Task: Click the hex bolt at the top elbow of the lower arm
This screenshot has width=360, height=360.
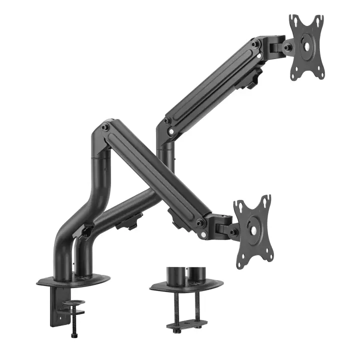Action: tap(104, 128)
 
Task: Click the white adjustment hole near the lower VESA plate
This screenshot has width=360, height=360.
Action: tap(204, 235)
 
